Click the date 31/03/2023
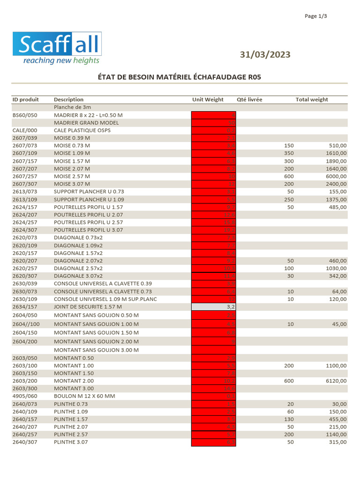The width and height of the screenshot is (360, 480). (265, 54)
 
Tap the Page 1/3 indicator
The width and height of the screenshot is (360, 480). (315, 16)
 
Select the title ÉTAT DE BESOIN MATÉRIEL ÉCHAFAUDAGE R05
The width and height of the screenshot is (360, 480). (180, 77)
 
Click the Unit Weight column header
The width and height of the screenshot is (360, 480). (208, 99)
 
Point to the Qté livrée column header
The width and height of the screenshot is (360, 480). (249, 99)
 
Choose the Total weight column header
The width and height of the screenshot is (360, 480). (312, 99)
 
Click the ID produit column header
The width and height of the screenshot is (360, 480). (25, 99)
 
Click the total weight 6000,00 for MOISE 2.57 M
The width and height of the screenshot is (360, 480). (336, 176)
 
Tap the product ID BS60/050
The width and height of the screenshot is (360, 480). (24, 115)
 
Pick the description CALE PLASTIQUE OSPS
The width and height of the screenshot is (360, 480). (82, 130)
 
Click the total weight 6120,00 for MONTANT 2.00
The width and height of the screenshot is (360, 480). (336, 381)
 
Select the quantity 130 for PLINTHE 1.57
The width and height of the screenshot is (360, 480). (289, 419)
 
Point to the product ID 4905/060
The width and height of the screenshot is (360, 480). (24, 396)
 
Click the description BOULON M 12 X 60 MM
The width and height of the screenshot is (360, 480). (84, 396)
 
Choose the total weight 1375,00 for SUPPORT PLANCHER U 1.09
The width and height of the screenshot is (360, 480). (336, 199)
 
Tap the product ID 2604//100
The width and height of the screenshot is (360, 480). (26, 324)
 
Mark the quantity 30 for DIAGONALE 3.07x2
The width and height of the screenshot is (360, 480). (290, 276)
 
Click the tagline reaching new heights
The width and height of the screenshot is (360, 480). (61, 60)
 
